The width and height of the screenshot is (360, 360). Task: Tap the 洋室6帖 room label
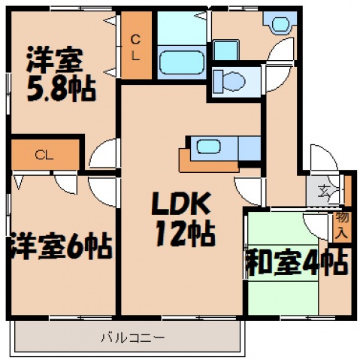[60, 246]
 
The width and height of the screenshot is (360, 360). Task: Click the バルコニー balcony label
[132, 337]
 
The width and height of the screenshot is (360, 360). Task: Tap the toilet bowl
[232, 78]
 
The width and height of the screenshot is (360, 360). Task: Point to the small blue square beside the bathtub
[224, 50]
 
